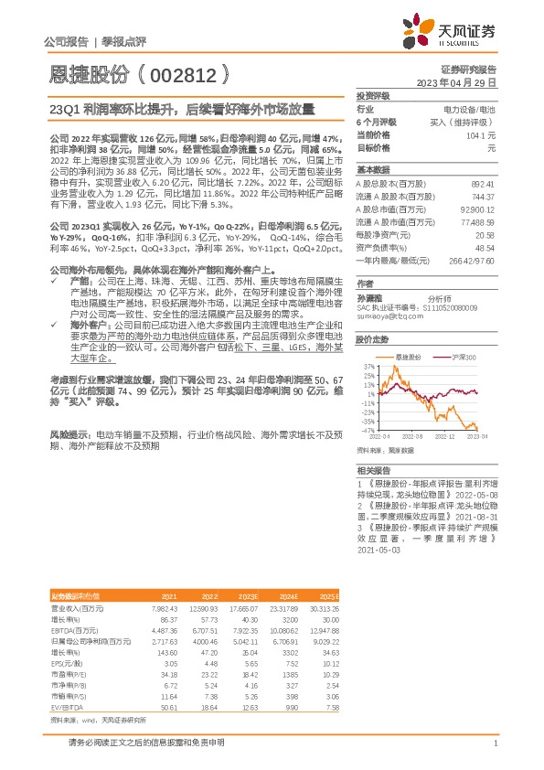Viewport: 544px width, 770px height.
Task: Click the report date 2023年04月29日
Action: coord(455,82)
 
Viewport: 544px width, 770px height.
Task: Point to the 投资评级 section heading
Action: coord(373,95)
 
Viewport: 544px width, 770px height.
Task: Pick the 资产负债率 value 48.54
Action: coord(484,247)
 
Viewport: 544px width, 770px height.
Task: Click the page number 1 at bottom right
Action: coord(494,743)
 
